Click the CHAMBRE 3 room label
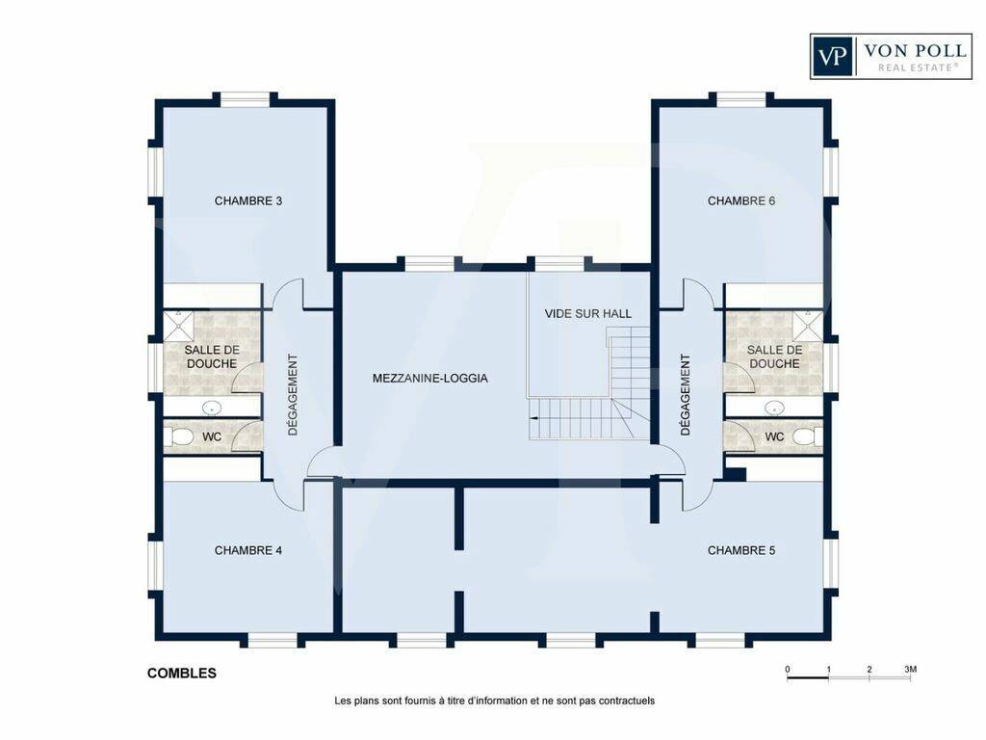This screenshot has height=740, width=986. [247, 200]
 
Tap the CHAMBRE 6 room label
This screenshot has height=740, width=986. [740, 200]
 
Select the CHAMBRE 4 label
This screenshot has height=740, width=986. [247, 550]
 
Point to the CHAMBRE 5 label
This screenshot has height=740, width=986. [740, 550]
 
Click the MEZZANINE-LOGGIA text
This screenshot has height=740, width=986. [430, 378]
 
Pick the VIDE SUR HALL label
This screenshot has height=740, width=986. [588, 313]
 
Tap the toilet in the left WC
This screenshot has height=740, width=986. [181, 436]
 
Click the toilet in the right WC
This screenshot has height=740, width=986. [806, 436]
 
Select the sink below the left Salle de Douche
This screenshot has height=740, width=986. [212, 408]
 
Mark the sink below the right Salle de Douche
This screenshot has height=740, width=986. [774, 408]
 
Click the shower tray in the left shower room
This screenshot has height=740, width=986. [179, 326]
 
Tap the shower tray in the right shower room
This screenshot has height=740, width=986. [808, 326]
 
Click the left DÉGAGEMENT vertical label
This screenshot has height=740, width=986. [293, 394]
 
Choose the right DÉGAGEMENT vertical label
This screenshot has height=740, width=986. [686, 394]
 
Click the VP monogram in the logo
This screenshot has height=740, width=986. [831, 57]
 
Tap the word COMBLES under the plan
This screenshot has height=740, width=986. [182, 674]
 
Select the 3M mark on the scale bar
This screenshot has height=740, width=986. [910, 669]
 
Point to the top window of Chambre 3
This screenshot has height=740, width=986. [246, 99]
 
